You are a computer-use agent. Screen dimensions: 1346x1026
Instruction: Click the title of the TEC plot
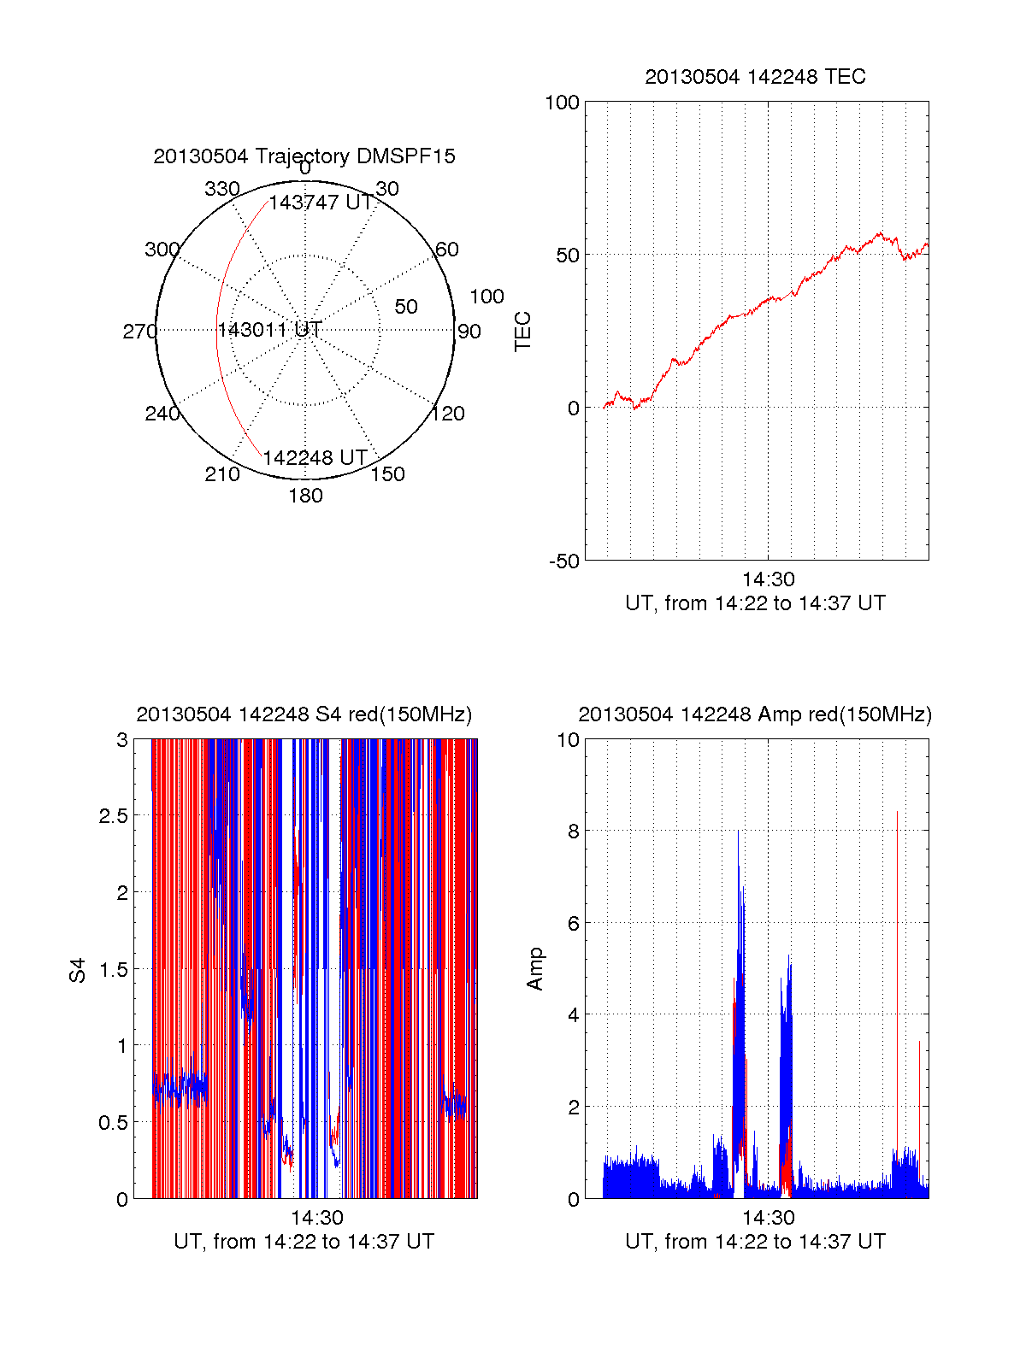[755, 77]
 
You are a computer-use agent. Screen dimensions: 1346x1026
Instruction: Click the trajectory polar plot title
[304, 156]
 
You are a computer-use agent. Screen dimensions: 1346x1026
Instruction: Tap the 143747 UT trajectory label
[321, 203]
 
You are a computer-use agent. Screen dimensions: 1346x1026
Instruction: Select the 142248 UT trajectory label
[315, 458]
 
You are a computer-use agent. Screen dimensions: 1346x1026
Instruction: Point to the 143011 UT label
[269, 330]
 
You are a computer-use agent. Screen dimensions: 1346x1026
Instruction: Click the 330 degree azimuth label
[222, 189]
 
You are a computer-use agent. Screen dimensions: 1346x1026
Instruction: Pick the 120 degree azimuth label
[448, 414]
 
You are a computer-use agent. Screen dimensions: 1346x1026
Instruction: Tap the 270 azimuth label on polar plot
[139, 332]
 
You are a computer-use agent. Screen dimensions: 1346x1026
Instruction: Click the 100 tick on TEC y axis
[562, 103]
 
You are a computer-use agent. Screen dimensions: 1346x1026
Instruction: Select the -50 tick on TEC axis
[564, 561]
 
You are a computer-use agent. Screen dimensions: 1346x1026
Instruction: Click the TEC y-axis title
[523, 332]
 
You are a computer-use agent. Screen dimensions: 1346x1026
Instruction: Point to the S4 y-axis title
[78, 970]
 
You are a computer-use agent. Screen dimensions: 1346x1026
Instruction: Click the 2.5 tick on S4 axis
[113, 816]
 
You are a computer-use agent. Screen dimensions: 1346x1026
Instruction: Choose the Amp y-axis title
[535, 969]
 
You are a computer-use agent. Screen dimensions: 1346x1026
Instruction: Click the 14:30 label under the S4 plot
[316, 1218]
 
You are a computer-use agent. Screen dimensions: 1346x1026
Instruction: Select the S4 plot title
[304, 714]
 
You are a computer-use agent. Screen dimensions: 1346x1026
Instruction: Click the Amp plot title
[755, 714]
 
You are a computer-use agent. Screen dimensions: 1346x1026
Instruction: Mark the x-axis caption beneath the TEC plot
[755, 603]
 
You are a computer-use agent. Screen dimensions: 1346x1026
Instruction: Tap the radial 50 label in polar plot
[406, 307]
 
